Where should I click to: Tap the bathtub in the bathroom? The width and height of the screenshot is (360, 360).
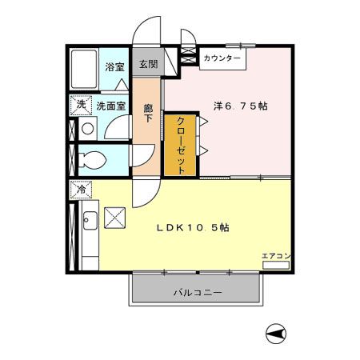[x=85, y=70]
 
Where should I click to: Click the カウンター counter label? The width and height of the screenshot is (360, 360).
[x=222, y=58]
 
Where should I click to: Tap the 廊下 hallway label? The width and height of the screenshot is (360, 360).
[x=147, y=114]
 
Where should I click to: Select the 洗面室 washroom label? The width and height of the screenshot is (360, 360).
[x=111, y=105]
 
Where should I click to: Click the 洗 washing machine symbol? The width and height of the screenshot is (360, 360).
[x=80, y=105]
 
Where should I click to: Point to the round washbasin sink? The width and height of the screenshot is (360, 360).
[x=86, y=127]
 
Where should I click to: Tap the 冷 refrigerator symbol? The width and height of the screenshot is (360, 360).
[x=81, y=190]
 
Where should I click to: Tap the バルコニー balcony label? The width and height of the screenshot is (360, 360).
[x=198, y=293]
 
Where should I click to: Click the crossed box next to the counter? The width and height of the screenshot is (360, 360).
[x=188, y=58]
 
